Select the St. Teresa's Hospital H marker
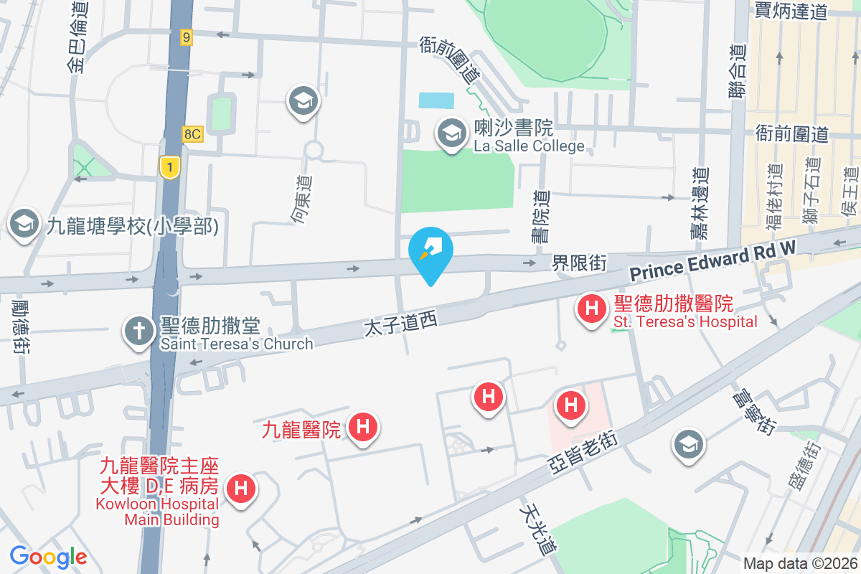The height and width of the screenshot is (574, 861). pyautogui.click(x=592, y=309)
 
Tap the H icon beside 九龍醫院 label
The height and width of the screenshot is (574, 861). pyautogui.click(x=363, y=428)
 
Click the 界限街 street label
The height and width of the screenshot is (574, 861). pyautogui.click(x=578, y=263)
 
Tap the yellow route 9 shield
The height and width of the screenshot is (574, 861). pyautogui.click(x=187, y=37)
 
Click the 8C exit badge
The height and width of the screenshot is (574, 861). pyautogui.click(x=193, y=133)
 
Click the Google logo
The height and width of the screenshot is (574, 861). pyautogui.click(x=48, y=557)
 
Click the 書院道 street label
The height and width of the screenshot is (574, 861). pyautogui.click(x=543, y=216)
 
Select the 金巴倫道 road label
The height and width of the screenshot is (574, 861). pyautogui.click(x=77, y=37)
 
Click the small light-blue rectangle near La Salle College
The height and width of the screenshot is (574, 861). pyautogui.click(x=436, y=100)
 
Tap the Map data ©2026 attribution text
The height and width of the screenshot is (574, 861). pyautogui.click(x=799, y=563)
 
